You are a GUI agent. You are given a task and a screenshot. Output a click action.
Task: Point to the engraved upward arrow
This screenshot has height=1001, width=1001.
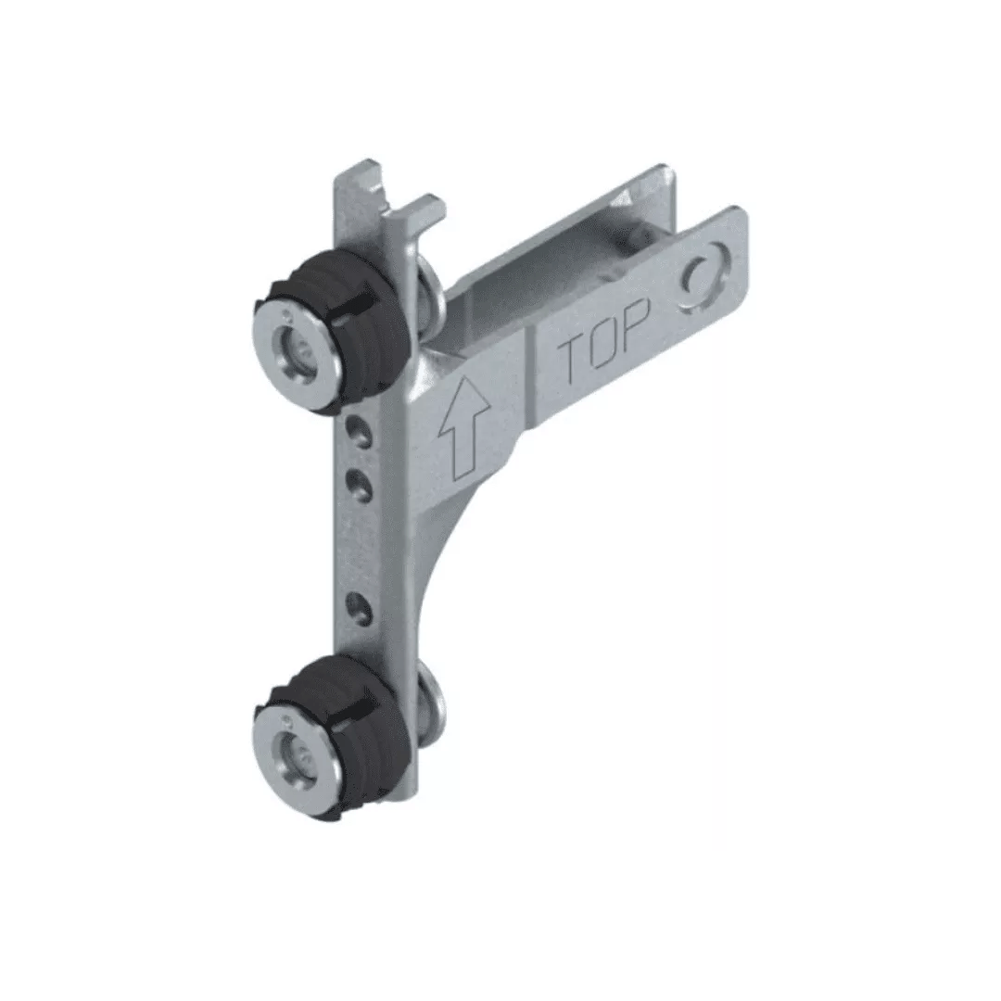click(464, 424)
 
